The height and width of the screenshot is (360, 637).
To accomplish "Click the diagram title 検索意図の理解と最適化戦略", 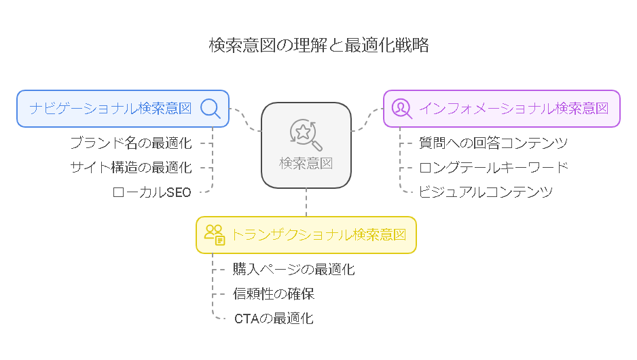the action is pos(319,45).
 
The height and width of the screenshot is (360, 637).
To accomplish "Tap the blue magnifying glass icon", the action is pos(211,109).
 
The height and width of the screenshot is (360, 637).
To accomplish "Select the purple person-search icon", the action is pos(402,109).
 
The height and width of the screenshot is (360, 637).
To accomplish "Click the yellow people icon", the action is pos(215,235).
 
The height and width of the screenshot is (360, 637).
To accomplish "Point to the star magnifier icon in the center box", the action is pos(306,134).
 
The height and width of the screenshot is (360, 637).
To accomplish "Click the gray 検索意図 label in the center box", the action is pos(306,163).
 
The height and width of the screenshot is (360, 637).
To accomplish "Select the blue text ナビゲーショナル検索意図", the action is pos(111,109).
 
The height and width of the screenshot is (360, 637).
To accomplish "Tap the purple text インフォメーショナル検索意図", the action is pos(513,109).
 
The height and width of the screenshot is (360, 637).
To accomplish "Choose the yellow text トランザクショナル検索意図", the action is pos(319,235).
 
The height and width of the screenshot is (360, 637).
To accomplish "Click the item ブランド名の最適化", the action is pos(131,143).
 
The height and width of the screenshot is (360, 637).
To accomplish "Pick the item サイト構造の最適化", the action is pos(131,167).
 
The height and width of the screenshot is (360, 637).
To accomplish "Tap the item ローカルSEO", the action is pos(152,192).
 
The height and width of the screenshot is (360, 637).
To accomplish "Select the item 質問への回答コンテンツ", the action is pos(493,143).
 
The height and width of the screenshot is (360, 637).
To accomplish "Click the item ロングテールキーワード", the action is pos(493,167).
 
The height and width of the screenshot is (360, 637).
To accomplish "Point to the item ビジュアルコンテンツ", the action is pos(486,192).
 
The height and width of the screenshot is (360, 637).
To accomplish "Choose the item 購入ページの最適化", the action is pos(294,270).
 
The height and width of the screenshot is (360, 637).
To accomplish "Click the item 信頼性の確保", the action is pos(274,293).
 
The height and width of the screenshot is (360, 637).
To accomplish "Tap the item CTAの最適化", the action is pos(274,319).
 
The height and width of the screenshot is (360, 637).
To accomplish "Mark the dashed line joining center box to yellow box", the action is pos(306,202).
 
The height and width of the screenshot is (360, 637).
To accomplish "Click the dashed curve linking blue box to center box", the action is pos(245,120).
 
